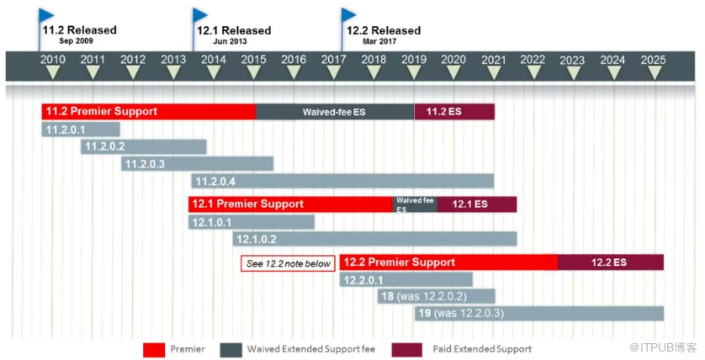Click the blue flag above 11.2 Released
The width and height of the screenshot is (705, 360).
click(x=45, y=16)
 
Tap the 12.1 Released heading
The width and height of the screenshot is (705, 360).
click(x=234, y=30)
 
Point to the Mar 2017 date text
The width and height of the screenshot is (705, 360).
click(x=379, y=41)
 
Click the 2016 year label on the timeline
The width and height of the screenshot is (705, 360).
click(x=294, y=60)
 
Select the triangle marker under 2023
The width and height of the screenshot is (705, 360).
click(x=573, y=73)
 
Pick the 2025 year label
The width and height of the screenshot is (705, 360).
click(x=654, y=60)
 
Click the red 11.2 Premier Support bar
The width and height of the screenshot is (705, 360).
click(x=148, y=112)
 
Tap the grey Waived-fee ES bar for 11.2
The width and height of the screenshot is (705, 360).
click(x=335, y=112)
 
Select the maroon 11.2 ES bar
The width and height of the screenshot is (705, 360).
click(x=454, y=112)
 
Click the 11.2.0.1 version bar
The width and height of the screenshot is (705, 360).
click(x=81, y=130)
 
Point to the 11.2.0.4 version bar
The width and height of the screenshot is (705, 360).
click(x=342, y=181)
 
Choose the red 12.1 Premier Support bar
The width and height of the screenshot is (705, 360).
click(x=290, y=204)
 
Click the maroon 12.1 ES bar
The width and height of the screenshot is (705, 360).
click(x=477, y=204)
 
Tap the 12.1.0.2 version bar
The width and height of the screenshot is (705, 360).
click(x=375, y=239)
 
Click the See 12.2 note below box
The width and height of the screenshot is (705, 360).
click(x=289, y=264)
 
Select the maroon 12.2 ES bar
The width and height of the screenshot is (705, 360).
click(x=611, y=262)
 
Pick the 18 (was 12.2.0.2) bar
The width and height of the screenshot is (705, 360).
click(x=436, y=296)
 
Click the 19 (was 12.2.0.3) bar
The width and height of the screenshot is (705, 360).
click(x=539, y=313)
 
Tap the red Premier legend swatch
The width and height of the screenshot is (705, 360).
click(x=154, y=350)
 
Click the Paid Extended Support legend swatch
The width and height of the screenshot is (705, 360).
click(x=407, y=350)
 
